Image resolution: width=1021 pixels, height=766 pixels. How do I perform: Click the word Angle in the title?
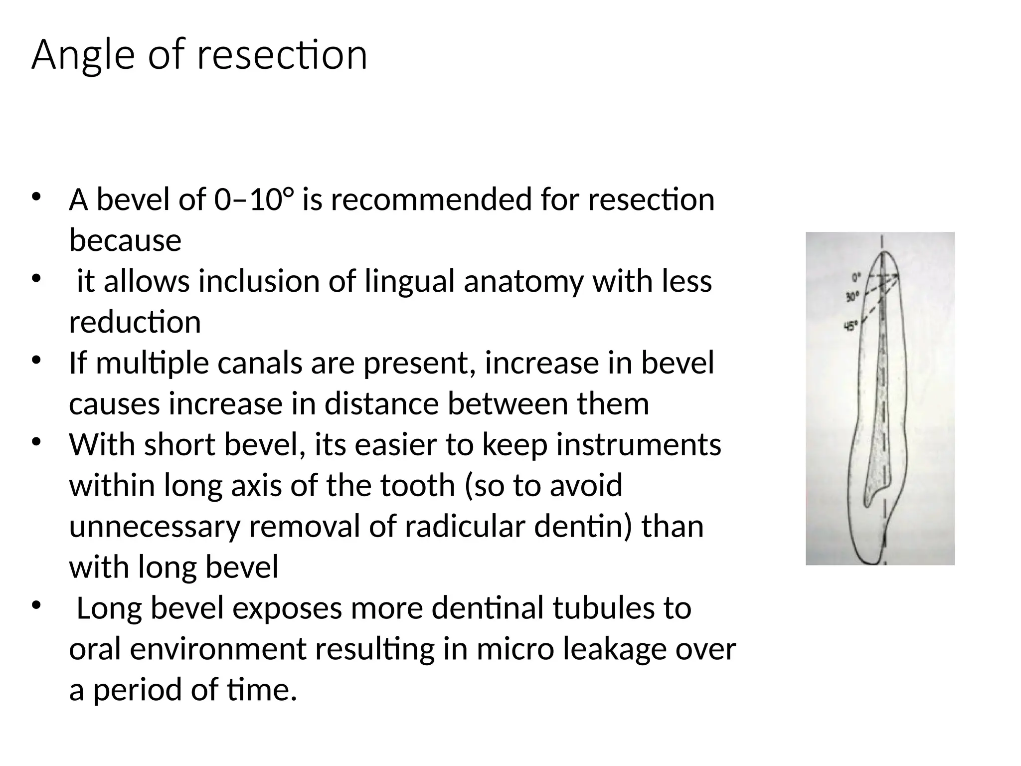point(83,55)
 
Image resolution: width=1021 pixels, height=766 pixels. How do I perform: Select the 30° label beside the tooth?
point(852,298)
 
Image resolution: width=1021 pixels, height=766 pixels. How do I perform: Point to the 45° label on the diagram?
point(850,327)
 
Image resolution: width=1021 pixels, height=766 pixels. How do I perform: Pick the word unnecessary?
point(155,527)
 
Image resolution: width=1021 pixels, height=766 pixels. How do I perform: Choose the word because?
point(125,240)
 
